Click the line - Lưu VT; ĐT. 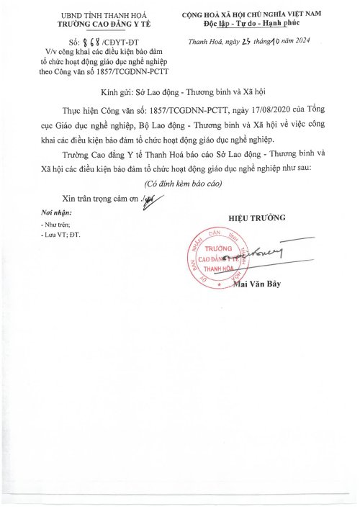[63, 235]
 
